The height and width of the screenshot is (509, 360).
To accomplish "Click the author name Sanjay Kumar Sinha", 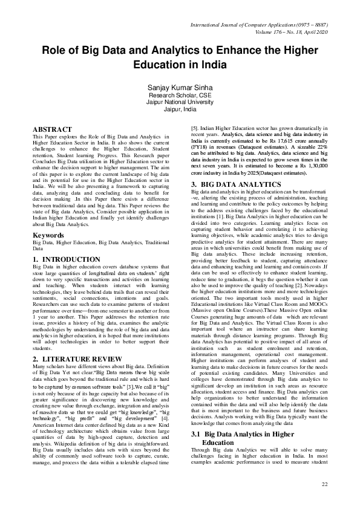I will pyautogui.click(x=180, y=88).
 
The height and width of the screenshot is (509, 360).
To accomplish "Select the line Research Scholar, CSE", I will pyautogui.click(x=180, y=96).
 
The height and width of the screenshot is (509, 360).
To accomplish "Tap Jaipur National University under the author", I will pyautogui.click(x=180, y=103).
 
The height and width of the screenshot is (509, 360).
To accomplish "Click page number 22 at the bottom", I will pyautogui.click(x=324, y=485).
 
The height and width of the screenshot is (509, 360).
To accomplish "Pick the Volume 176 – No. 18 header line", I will pyautogui.click(x=290, y=31).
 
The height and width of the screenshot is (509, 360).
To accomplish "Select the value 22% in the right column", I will pyautogui.click(x=320, y=147).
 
